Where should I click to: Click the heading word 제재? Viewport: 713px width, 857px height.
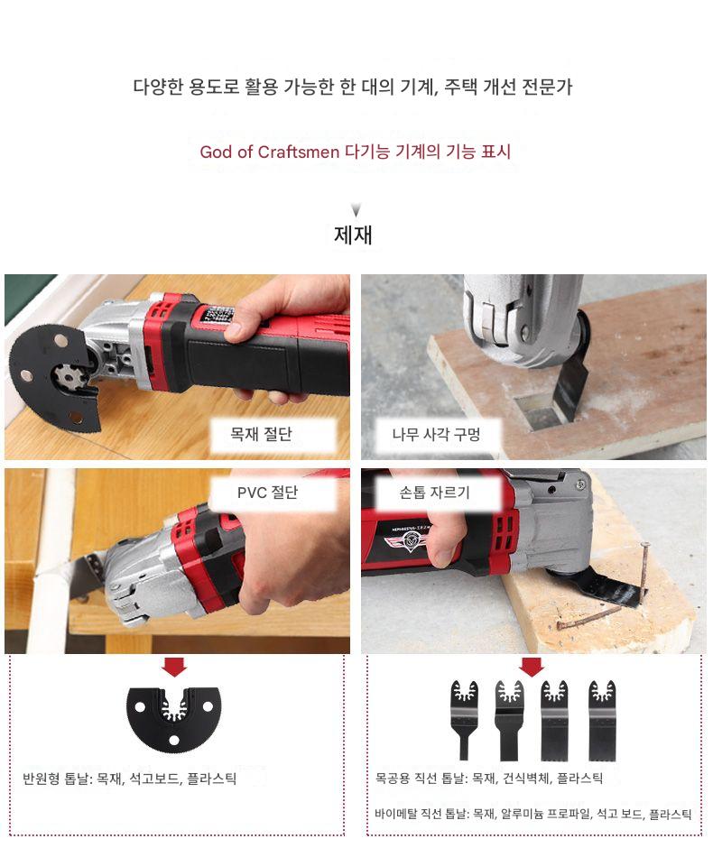click(x=353, y=235)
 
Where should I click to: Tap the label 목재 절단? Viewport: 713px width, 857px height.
click(x=261, y=435)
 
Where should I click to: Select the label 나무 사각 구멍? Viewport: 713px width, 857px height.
click(x=436, y=435)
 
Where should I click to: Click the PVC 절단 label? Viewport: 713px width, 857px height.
click(x=267, y=493)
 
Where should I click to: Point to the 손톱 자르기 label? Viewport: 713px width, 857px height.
click(x=434, y=493)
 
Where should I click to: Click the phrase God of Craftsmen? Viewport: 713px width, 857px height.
click(x=270, y=152)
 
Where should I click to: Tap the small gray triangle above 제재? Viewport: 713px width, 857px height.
click(x=356, y=210)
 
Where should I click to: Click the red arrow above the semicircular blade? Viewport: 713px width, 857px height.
click(x=174, y=667)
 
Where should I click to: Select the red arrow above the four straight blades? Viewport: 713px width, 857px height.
click(x=532, y=667)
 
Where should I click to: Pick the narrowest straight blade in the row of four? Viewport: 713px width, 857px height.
click(x=464, y=721)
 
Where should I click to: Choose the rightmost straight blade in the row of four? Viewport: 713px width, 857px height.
click(x=602, y=721)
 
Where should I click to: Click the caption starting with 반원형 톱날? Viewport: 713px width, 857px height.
click(x=130, y=779)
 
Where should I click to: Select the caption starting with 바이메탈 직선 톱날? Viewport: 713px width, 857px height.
click(x=533, y=815)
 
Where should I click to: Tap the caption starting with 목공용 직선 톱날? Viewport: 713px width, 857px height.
click(x=489, y=779)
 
